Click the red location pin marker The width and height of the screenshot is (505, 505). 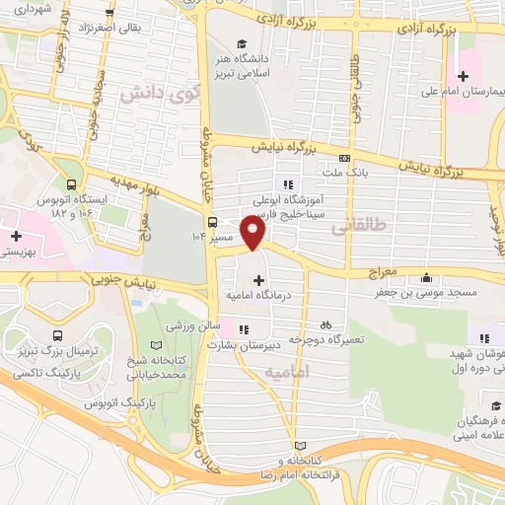tap(253, 233)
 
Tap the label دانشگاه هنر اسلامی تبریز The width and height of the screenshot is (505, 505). tap(261, 64)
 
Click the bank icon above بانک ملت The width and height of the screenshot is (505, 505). tap(344, 158)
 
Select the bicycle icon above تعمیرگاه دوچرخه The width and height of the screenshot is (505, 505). tap(325, 325)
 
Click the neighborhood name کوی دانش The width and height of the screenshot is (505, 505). tap(151, 95)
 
